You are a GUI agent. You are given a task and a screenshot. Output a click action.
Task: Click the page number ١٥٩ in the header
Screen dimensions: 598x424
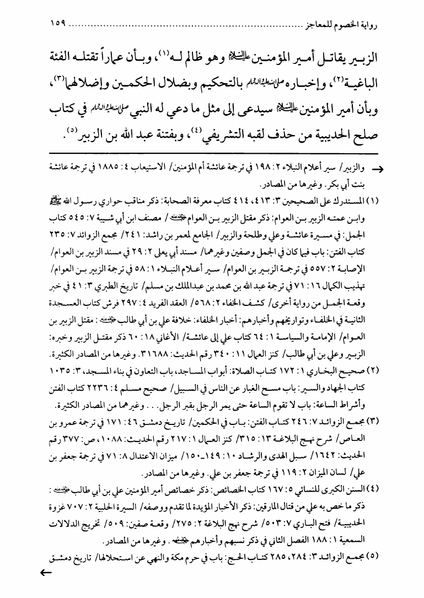click(x=56, y=24)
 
